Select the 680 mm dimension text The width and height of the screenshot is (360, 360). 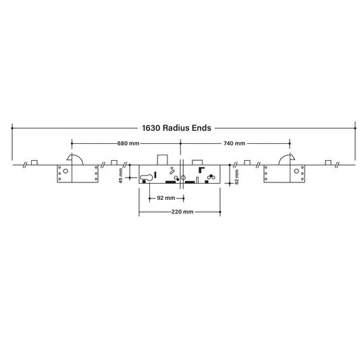coord(128,144)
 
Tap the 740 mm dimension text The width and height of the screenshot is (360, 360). coord(234,144)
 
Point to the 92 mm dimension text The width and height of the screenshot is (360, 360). coord(165,198)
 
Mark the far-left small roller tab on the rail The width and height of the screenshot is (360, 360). coord(34,162)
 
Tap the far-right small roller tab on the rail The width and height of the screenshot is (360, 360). coord(328,162)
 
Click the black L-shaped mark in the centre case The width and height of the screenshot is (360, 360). coord(201,172)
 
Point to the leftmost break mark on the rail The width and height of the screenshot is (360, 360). coord(24,164)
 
